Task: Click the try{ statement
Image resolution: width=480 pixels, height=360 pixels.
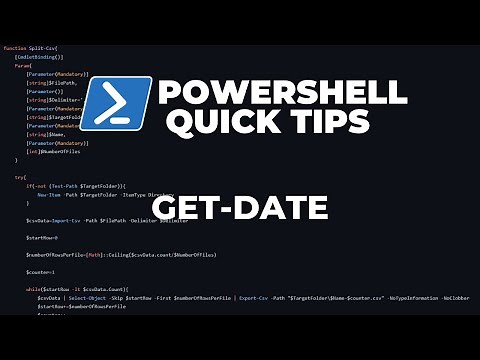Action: coord(20,177)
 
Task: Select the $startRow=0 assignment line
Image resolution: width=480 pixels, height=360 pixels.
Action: coord(42,237)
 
